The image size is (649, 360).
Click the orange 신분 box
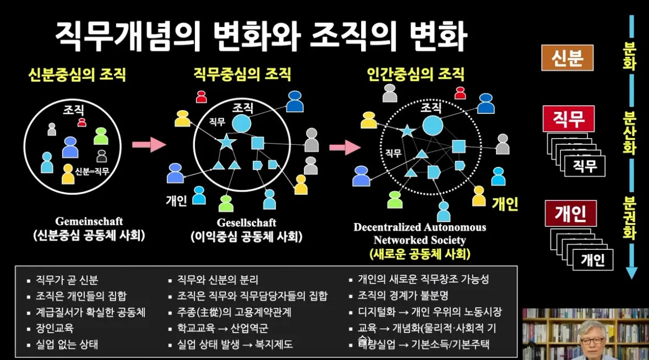click(567, 57)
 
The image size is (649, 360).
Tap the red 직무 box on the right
click(568, 118)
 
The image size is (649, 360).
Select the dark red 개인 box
click(570, 214)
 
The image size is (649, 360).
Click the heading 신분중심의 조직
click(77, 74)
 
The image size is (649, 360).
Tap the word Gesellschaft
click(246, 223)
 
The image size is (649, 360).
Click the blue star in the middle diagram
click(226, 142)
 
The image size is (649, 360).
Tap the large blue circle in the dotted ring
click(433, 126)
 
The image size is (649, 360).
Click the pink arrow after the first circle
click(149, 144)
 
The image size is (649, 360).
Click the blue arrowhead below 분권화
click(631, 272)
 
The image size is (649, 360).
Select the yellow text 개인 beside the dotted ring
click(505, 204)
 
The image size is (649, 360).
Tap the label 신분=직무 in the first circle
click(92, 172)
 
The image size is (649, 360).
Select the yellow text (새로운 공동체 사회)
click(419, 254)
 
